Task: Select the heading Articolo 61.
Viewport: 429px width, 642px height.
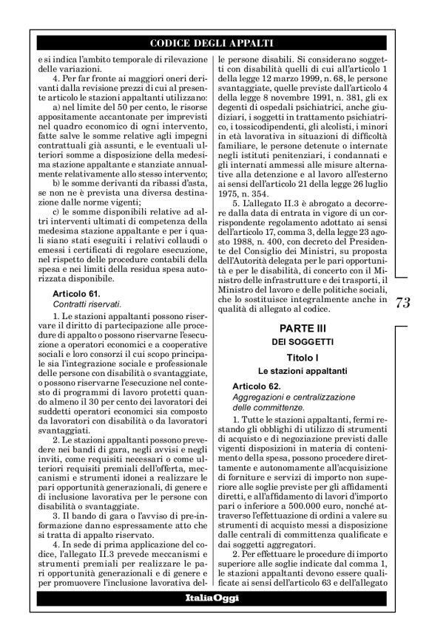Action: coord(65,273)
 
